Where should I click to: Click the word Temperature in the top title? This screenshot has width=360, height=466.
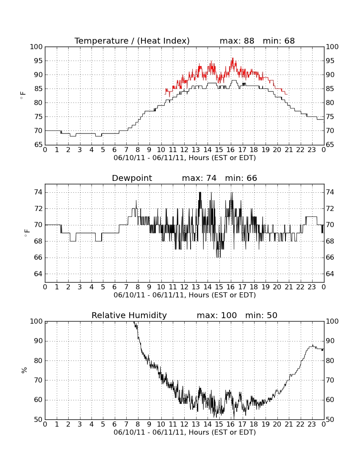click(101, 41)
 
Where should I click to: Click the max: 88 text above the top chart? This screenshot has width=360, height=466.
click(237, 41)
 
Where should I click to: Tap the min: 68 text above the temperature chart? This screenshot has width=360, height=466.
click(279, 41)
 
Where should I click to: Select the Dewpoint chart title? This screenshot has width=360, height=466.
click(132, 178)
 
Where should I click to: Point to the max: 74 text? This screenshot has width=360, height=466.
click(199, 178)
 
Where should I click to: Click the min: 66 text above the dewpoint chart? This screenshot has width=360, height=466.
click(241, 178)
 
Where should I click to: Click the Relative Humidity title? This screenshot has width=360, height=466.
click(129, 315)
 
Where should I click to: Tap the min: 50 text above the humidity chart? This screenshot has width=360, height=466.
click(261, 315)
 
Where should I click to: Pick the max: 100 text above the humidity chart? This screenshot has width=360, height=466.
click(216, 315)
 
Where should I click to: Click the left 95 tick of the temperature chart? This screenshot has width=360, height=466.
click(39, 61)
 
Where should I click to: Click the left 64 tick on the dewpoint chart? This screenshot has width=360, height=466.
click(39, 274)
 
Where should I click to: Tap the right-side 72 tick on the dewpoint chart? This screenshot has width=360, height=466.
click(330, 208)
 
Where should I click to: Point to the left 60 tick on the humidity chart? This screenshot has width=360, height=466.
click(39, 400)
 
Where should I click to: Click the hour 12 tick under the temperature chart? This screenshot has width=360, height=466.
click(184, 150)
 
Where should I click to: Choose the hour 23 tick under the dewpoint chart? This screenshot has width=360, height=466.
click(312, 287)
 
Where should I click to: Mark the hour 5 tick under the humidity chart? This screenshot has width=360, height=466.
click(103, 424)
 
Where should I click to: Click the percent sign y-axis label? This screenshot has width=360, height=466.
click(24, 370)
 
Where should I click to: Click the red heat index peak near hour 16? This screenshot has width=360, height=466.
click(233, 58)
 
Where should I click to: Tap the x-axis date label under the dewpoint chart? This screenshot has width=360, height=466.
click(185, 295)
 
